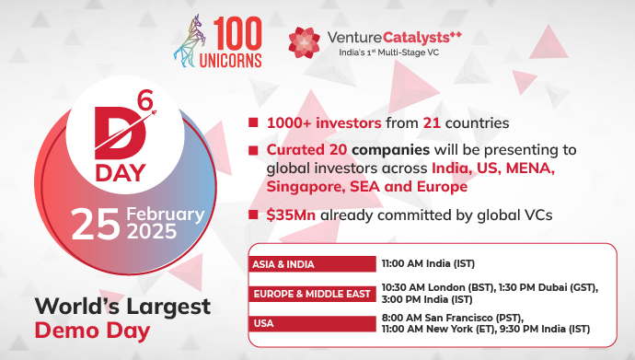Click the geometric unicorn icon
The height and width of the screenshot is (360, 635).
[190, 41]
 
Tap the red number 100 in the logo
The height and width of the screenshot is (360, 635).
[237, 33]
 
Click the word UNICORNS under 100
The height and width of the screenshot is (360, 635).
[230, 61]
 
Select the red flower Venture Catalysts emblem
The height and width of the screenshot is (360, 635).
[304, 42]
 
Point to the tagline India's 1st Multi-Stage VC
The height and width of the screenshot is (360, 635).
[388, 52]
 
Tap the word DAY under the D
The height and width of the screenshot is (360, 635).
[121, 173]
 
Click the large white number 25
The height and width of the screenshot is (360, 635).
[96, 224]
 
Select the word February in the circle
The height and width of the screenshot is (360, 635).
[166, 215]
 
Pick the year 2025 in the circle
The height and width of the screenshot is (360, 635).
[152, 232]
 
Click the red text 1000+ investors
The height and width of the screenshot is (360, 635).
[324, 122]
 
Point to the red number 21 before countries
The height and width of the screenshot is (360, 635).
[432, 122]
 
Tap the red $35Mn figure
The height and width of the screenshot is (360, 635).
[291, 215]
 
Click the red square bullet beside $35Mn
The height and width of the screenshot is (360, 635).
[253, 214]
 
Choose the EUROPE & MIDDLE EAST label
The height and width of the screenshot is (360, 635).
[312, 294]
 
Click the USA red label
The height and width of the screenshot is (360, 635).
[312, 323]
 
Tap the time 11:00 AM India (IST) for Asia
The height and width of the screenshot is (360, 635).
[428, 263]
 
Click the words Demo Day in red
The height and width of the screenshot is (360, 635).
[92, 331]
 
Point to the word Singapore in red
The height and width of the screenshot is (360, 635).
[306, 187]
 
